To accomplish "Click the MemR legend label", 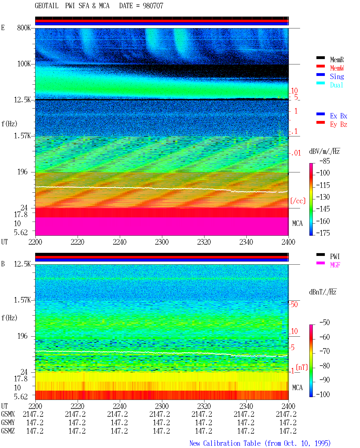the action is (x=337, y=60).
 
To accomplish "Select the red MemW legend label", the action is (x=337, y=68).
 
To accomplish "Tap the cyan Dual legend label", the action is (x=336, y=85).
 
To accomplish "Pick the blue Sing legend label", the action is (x=337, y=76).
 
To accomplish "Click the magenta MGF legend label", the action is (x=335, y=265).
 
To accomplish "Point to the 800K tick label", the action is (x=24, y=28).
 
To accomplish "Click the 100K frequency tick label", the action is (x=24, y=64).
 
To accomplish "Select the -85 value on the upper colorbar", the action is (x=325, y=161).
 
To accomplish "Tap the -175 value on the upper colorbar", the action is (x=323, y=233).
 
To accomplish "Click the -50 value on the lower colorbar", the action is (x=325, y=323).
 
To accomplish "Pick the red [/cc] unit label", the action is (x=298, y=201).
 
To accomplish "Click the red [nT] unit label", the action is (x=302, y=367).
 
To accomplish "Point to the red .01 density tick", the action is (x=296, y=153).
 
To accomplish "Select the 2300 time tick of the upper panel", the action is (x=162, y=242).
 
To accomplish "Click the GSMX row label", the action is (x=8, y=414).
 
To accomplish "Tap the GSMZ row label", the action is (x=8, y=431).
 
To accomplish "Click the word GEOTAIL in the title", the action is (x=47, y=6).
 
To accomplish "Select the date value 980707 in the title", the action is (x=153, y=6).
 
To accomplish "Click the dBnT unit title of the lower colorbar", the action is (x=323, y=292).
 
